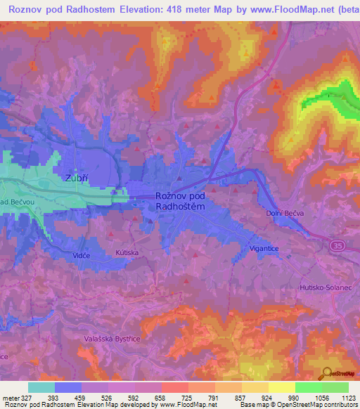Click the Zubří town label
[60, 178]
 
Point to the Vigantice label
[264, 249]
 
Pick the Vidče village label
[81, 257]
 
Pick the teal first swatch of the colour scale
[41, 387]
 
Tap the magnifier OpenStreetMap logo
[326, 373]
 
